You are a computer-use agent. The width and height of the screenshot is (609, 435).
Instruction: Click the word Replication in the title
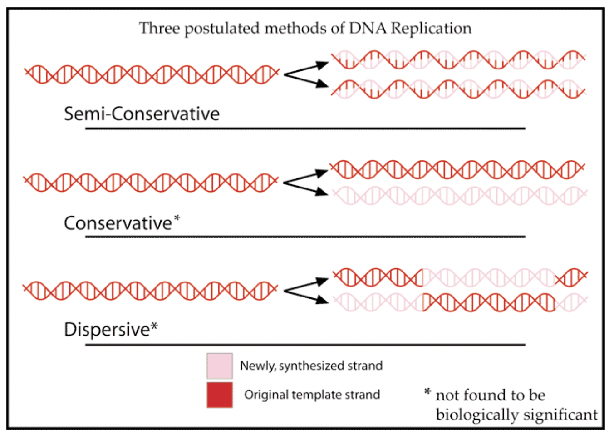pyautogui.click(x=431, y=29)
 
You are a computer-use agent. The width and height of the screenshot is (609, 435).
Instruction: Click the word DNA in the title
pyautogui.click(x=368, y=28)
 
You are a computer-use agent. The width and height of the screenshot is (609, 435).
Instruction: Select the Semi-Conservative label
pyautogui.click(x=142, y=114)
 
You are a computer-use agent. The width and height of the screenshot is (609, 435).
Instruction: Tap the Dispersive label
pyautogui.click(x=107, y=329)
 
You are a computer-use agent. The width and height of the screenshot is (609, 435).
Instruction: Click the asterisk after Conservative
pyautogui.click(x=177, y=218)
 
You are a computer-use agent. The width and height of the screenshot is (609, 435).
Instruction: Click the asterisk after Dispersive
pyautogui.click(x=155, y=326)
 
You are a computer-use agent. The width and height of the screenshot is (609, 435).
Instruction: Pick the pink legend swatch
pyautogui.click(x=220, y=366)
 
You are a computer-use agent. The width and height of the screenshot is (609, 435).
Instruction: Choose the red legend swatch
pyautogui.click(x=220, y=395)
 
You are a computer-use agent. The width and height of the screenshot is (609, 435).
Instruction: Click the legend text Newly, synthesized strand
pyautogui.click(x=311, y=366)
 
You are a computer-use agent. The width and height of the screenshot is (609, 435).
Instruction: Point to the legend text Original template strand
pyautogui.click(x=312, y=395)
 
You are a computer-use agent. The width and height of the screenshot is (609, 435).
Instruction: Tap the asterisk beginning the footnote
pyautogui.click(x=427, y=392)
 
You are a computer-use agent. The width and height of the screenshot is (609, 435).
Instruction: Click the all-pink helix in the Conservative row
pyautogui.click(x=458, y=195)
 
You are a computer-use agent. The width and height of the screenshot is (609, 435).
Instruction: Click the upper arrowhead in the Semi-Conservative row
pyautogui.click(x=323, y=65)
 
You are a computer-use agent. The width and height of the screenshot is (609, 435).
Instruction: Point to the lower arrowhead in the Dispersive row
pyautogui.click(x=323, y=300)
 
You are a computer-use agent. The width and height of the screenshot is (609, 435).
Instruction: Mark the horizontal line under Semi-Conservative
pyautogui.click(x=305, y=129)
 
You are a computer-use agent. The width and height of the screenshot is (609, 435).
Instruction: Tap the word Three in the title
pyautogui.click(x=159, y=29)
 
